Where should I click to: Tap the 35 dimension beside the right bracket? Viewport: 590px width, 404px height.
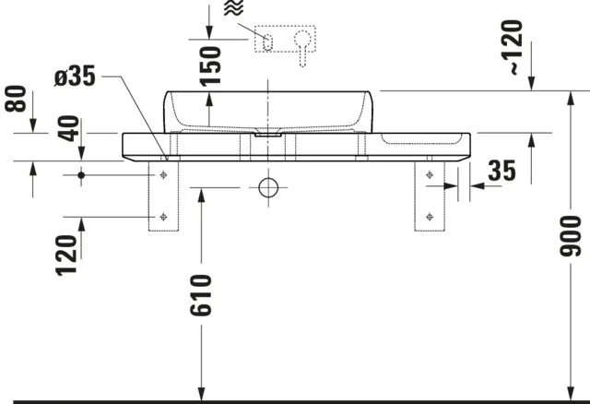(x=501, y=171)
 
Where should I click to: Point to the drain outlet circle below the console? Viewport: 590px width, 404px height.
(x=268, y=188)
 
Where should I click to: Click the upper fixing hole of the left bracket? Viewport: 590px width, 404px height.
(x=162, y=173)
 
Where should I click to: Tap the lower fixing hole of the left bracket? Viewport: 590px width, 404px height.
(x=162, y=217)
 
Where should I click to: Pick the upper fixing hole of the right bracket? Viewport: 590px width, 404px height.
(x=431, y=173)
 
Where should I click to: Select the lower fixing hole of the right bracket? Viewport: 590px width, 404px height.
(x=431, y=217)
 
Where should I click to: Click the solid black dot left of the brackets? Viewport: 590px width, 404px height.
(x=82, y=173)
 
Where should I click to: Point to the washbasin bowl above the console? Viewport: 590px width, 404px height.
(x=267, y=111)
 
